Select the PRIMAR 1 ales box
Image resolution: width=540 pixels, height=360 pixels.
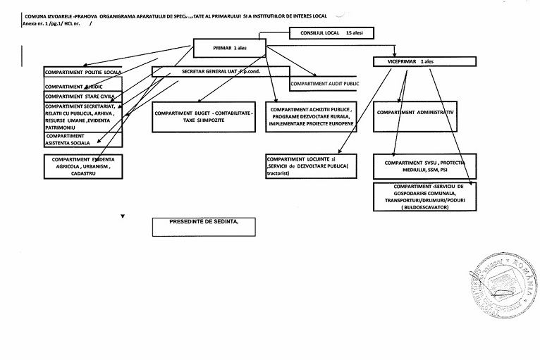click(x=228, y=48)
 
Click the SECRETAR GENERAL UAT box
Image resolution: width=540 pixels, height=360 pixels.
click(x=220, y=72)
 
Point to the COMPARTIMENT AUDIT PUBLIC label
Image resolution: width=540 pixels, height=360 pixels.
click(x=325, y=83)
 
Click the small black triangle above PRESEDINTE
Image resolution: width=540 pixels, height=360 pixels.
click(x=123, y=214)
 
